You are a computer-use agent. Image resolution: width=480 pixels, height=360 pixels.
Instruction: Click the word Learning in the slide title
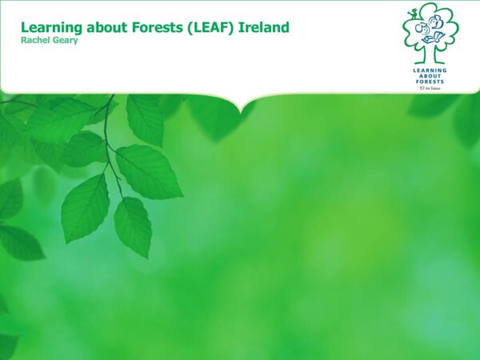(x=51, y=28)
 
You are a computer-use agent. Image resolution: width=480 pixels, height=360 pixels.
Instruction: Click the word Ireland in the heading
(x=263, y=27)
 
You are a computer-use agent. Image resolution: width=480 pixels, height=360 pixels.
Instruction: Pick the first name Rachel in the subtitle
(x=34, y=40)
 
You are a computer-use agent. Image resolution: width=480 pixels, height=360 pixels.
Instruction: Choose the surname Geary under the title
(x=64, y=41)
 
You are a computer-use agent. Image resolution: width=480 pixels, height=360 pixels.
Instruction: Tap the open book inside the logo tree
(x=434, y=38)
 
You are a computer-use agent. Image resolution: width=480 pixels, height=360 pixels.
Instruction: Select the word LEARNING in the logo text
(x=430, y=70)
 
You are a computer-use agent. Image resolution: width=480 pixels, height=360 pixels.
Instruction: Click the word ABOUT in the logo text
(x=430, y=76)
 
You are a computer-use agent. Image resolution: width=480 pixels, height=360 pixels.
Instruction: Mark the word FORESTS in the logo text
(x=430, y=82)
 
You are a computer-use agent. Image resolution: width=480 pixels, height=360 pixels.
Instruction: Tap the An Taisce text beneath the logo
(x=430, y=89)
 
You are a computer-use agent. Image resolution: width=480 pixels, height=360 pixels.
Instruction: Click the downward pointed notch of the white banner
(x=242, y=112)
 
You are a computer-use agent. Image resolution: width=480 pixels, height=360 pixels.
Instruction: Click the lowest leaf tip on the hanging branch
(x=149, y=258)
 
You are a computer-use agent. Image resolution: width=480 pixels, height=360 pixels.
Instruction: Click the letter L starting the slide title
(x=25, y=27)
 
